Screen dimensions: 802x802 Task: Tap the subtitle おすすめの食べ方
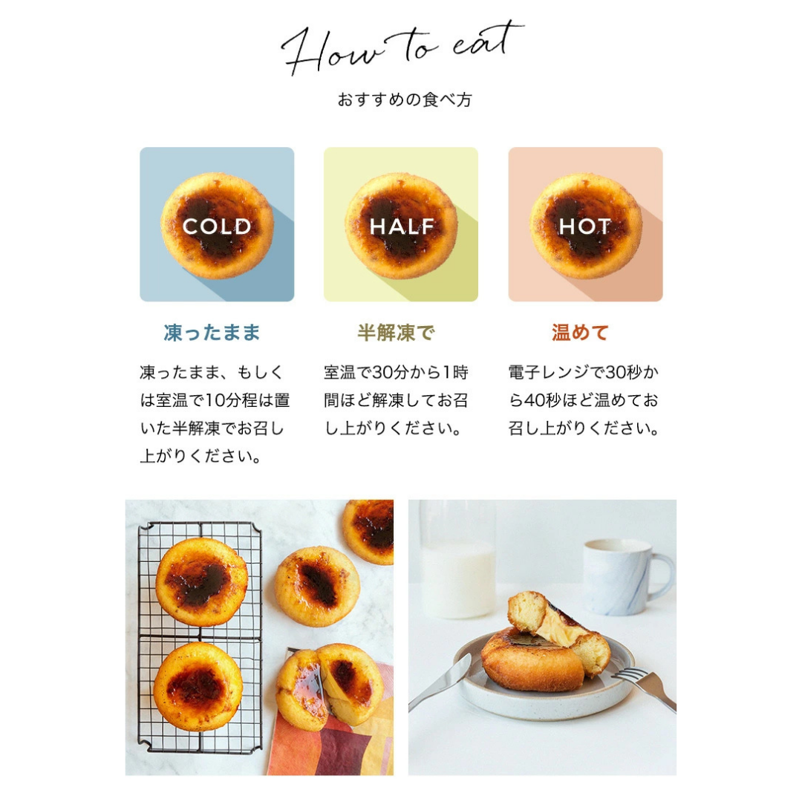[404, 100]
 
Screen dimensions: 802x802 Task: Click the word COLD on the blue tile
[217, 226]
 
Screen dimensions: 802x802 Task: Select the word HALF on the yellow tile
[402, 226]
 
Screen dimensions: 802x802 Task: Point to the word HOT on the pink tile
[584, 226]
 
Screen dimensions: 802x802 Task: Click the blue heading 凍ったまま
[212, 333]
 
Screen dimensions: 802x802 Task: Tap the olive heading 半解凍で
[396, 333]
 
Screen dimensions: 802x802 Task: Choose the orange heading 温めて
[580, 333]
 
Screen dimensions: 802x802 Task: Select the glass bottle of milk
[457, 559]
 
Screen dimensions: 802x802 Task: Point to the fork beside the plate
[645, 686]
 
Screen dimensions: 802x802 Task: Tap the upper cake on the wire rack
[201, 581]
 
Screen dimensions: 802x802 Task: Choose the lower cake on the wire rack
[198, 686]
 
